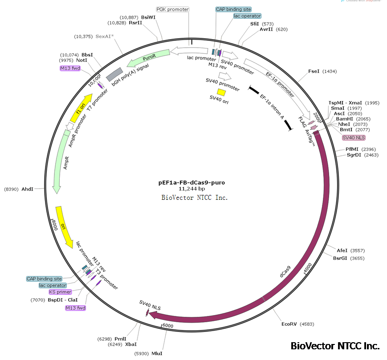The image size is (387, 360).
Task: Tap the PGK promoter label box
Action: pos(173,9)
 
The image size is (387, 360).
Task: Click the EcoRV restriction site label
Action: pos(289,324)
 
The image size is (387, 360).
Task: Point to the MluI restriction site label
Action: pos(157,353)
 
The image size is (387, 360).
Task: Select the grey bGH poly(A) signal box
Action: pos(114,73)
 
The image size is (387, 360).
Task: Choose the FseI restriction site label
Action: pos(314,71)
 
